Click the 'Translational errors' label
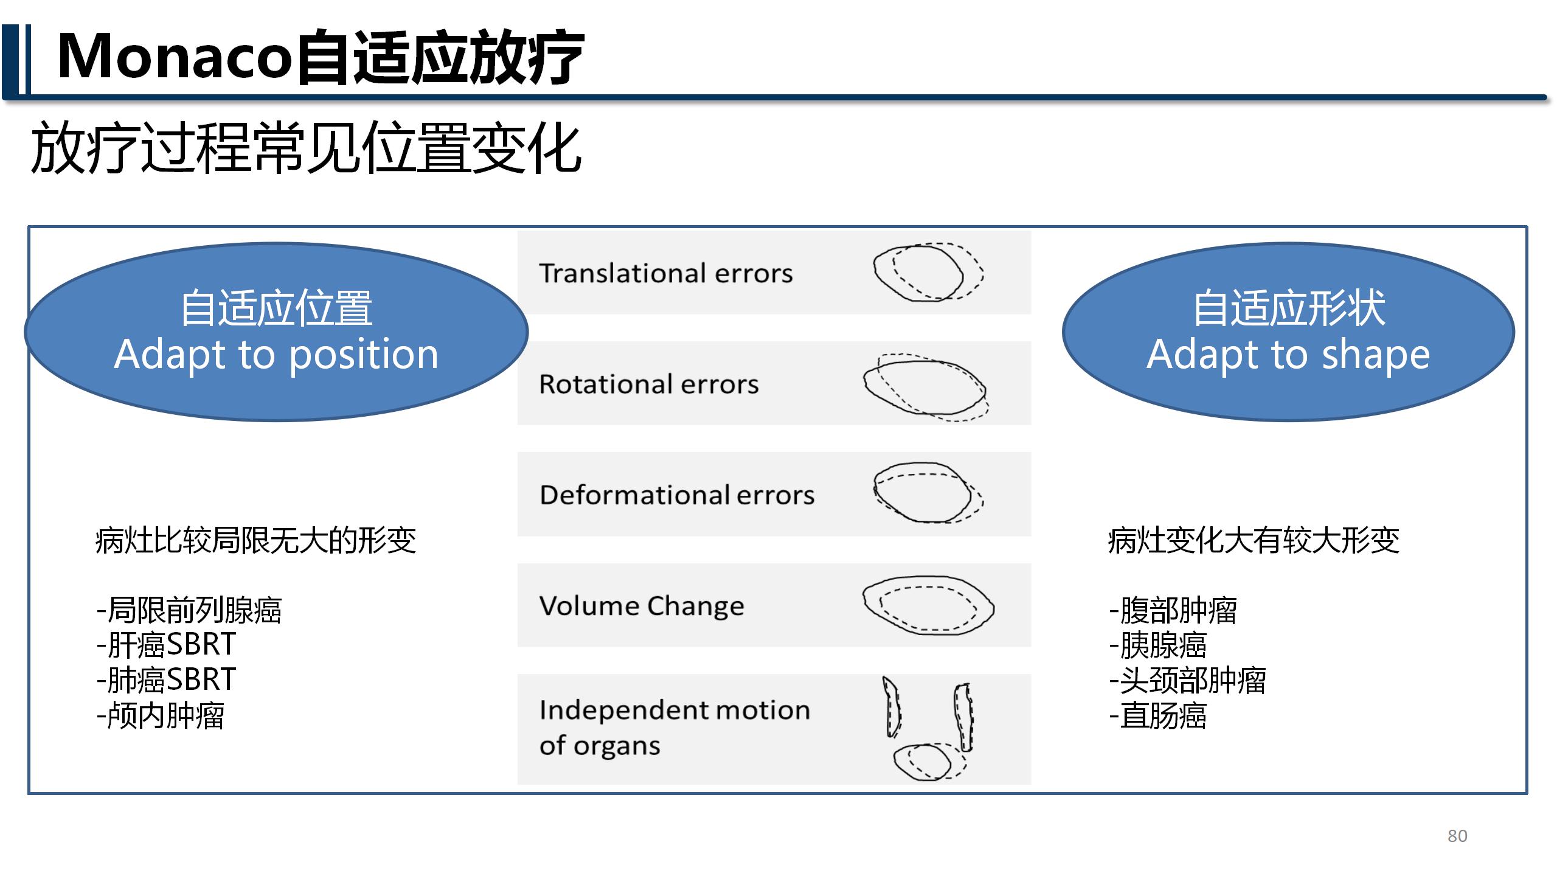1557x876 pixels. [x=666, y=273]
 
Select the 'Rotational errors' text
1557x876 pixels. [x=649, y=384]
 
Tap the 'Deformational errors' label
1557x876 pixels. [x=677, y=495]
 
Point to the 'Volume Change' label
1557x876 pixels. [x=642, y=606]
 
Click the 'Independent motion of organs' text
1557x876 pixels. [x=674, y=728]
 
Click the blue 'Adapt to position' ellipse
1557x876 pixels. [x=276, y=332]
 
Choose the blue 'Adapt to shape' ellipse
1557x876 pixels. [x=1288, y=332]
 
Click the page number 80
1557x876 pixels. [x=1457, y=836]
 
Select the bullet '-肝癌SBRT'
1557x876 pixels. [x=166, y=644]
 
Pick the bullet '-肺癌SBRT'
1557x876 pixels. [x=166, y=680]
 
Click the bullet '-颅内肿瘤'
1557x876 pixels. [x=161, y=715]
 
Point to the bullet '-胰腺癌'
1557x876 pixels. [x=1158, y=645]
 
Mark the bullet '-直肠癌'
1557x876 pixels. [x=1158, y=715]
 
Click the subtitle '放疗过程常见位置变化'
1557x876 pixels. [x=307, y=148]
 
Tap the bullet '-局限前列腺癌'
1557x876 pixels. [x=189, y=610]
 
